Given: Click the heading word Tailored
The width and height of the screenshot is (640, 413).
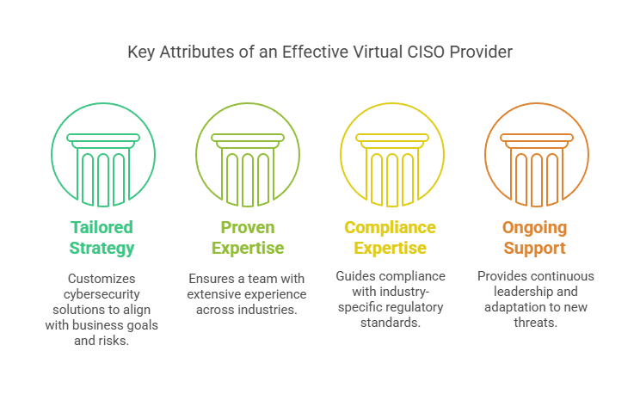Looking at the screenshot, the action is pos(102,227).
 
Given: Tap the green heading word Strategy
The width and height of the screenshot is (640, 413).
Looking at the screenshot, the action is pos(102,248).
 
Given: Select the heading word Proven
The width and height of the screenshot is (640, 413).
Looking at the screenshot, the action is pos(248,227).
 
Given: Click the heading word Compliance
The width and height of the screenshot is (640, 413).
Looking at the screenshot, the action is pos(391,227).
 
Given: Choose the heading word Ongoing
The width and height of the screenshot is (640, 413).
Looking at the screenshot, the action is pos(535,228).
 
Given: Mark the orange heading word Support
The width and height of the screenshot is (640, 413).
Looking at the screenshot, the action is pos(535,248).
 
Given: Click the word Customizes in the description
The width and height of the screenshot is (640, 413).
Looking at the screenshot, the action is pos(102,278).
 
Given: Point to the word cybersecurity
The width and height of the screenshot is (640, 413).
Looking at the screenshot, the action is pos(102,294).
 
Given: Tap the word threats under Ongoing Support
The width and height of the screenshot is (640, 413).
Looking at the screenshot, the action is pos(536,323).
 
